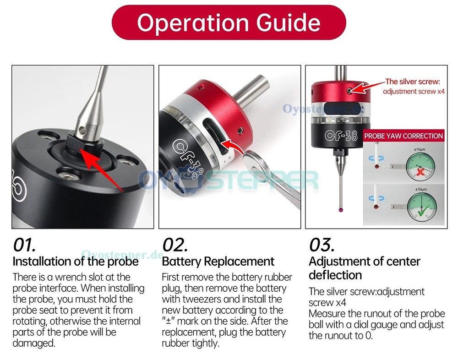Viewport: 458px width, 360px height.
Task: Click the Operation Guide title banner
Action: (x=229, y=22)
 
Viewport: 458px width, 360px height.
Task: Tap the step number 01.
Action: (x=24, y=245)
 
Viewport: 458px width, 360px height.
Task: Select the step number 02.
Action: (x=174, y=245)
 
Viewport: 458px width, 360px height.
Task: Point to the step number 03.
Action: (x=322, y=245)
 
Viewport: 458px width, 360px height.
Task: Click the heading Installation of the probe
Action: (x=76, y=261)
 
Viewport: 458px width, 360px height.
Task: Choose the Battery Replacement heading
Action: (x=218, y=261)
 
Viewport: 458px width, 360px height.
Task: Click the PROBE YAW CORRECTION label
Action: (x=403, y=136)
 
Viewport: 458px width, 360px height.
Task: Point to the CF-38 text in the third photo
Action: (x=341, y=135)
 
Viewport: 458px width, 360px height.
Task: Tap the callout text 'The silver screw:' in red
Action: (x=413, y=82)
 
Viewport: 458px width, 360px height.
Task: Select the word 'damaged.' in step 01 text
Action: (x=34, y=343)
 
